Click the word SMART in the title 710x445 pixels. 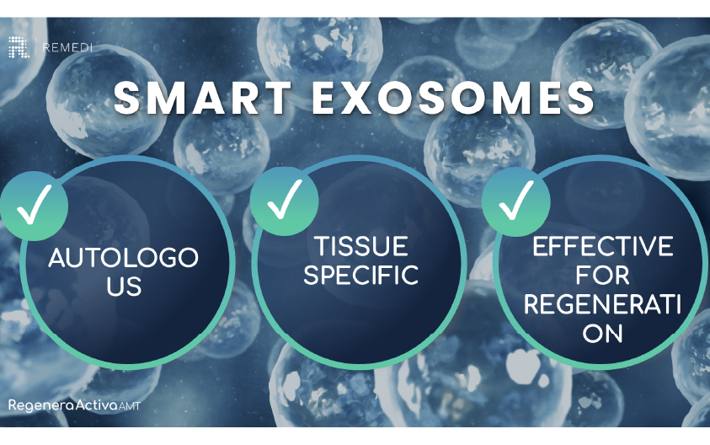click(203, 99)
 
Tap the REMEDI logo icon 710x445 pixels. click(19, 47)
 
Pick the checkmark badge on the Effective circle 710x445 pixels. click(515, 201)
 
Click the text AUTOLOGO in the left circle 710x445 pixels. click(123, 258)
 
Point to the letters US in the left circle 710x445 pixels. click(123, 287)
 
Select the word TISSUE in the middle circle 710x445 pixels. click(361, 246)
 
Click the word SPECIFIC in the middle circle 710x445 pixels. click(361, 276)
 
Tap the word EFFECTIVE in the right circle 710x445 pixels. click(603, 246)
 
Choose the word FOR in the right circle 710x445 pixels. click(603, 275)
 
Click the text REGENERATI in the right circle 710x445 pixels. click(603, 304)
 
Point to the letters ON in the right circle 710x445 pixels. click(603, 333)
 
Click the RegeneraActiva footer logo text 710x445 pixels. click(61, 406)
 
